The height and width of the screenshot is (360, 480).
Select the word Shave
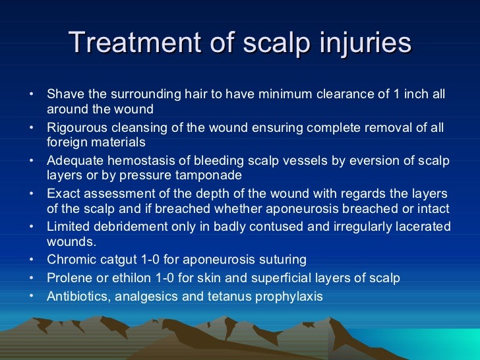(x=63, y=94)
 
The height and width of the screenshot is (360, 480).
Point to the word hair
(x=194, y=94)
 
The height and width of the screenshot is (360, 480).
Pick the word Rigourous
(x=77, y=127)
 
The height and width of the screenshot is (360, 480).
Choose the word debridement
(x=133, y=227)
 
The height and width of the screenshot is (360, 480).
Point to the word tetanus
(x=225, y=297)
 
